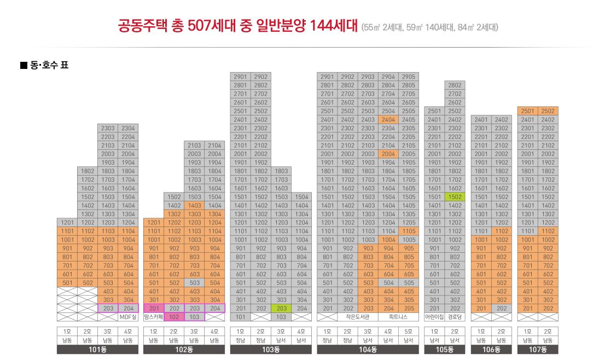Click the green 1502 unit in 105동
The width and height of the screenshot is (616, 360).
[455, 197]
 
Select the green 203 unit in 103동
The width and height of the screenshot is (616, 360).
[282, 309]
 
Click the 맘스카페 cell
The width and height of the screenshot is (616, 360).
[153, 317]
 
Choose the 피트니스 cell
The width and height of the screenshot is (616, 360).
[398, 317]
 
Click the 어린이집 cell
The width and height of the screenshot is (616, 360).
[434, 317]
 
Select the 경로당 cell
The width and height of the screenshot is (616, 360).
[455, 317]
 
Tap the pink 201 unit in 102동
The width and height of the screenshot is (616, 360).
[153, 309]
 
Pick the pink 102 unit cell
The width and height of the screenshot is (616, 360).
[174, 317]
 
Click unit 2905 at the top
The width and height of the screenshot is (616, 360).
[408, 77]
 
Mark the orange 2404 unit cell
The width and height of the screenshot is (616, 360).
[388, 120]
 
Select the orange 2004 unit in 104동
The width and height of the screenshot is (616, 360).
[388, 154]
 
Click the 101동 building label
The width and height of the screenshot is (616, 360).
[97, 350]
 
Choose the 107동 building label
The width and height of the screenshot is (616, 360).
[538, 350]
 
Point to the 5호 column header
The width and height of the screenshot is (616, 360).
[408, 332]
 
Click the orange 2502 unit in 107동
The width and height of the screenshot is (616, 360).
[548, 111]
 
